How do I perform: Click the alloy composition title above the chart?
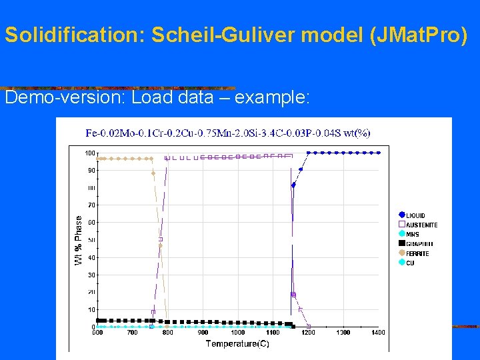click(x=228, y=133)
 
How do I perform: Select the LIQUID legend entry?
click(x=416, y=215)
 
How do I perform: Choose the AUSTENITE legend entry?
click(x=421, y=225)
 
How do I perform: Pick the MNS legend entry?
click(x=413, y=234)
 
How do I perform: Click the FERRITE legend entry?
click(x=417, y=253)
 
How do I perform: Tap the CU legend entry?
click(x=410, y=263)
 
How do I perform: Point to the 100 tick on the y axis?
click(x=89, y=153)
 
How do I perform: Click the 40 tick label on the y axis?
click(x=91, y=257)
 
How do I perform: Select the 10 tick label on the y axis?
click(x=91, y=309)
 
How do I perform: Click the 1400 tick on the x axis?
click(x=379, y=332)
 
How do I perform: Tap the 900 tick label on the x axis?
click(x=203, y=332)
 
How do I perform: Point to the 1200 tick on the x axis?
click(x=308, y=332)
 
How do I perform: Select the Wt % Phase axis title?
click(x=79, y=240)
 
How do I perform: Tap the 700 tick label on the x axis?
click(x=132, y=332)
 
